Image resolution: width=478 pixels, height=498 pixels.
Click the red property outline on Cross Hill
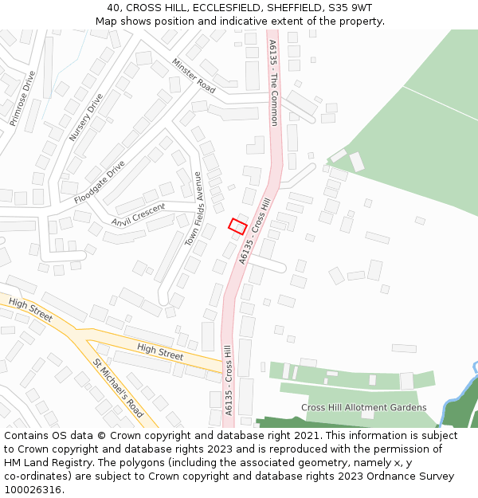tap(237, 226)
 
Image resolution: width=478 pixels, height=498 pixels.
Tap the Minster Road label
tap(194, 76)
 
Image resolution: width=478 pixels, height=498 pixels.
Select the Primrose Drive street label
tap(23, 99)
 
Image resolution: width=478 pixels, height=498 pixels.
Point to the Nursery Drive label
tap(86, 118)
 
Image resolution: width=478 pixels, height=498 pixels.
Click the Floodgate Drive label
tap(100, 182)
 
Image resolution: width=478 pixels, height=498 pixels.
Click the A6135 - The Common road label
tap(273, 83)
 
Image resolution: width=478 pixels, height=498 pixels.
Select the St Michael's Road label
tap(118, 388)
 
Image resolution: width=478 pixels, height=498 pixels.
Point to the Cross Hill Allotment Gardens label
tap(363, 407)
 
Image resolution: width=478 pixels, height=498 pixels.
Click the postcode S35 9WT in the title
tap(347, 8)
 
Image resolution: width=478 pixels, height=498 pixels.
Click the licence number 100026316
tap(32, 490)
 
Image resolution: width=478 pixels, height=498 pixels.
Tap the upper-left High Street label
tap(30, 311)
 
